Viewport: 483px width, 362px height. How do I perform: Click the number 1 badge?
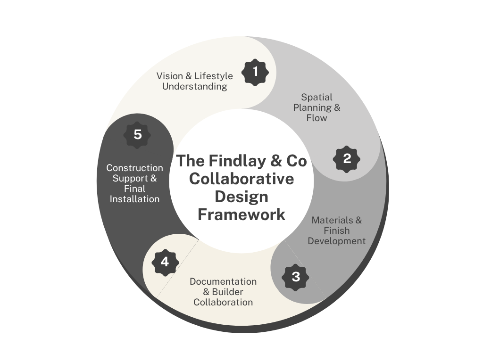(x=255, y=72)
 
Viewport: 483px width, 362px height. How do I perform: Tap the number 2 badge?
(x=347, y=159)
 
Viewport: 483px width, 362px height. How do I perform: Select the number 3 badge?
(x=295, y=277)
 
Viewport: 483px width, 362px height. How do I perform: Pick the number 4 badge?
(x=165, y=263)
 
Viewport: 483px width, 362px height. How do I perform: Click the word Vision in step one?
(x=169, y=76)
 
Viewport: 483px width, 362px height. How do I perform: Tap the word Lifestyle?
(x=214, y=76)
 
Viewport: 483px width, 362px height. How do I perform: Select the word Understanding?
(x=195, y=87)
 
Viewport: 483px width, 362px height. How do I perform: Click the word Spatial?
(x=316, y=97)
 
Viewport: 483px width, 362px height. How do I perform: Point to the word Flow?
(x=316, y=118)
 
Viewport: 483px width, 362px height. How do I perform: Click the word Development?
(x=337, y=241)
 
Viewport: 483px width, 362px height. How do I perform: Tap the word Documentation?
(x=223, y=282)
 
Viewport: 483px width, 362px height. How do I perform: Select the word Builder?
(x=227, y=292)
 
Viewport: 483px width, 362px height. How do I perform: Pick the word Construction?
(x=134, y=168)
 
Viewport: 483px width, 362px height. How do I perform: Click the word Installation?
(x=134, y=199)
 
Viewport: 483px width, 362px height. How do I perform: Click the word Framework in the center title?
(x=241, y=214)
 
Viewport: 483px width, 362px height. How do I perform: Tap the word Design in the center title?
(x=241, y=197)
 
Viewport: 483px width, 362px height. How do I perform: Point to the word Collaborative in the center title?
(x=241, y=179)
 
